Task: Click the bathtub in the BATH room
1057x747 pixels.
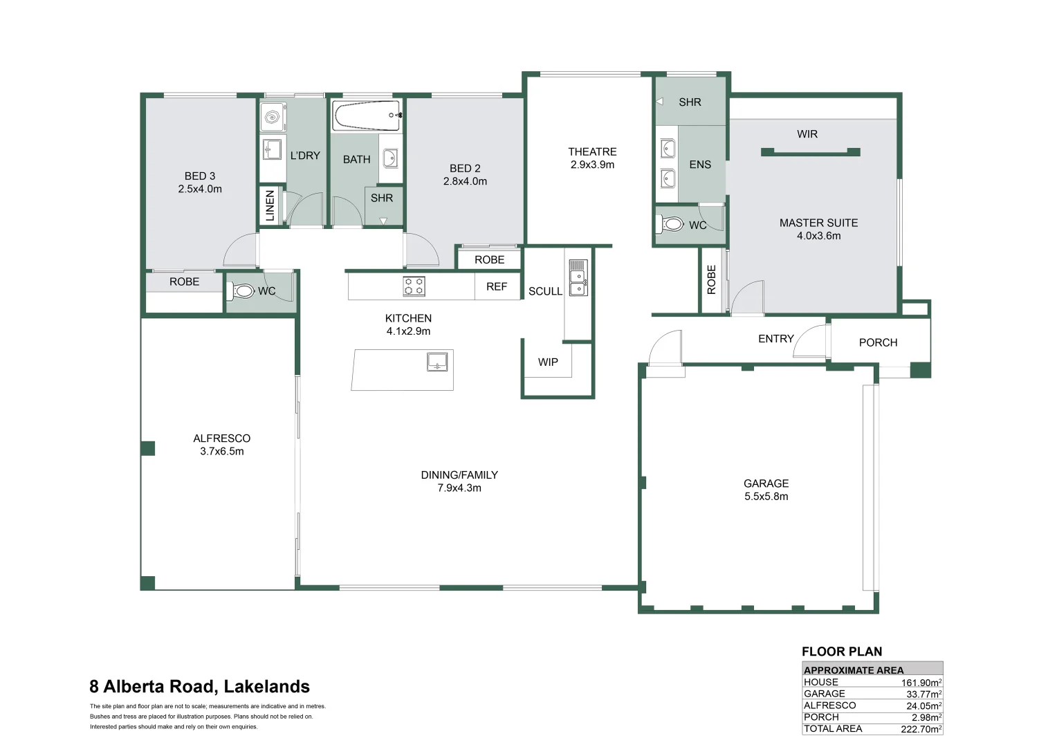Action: (367, 116)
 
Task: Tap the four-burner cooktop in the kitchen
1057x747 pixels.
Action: (414, 286)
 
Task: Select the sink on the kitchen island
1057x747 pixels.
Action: (437, 362)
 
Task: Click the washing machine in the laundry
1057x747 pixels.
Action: (273, 117)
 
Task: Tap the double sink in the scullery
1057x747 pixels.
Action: (578, 277)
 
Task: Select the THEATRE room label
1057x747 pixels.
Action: (592, 151)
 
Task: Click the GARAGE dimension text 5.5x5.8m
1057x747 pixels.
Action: (766, 497)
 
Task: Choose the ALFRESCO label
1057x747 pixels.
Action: (222, 439)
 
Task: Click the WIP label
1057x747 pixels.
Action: (548, 362)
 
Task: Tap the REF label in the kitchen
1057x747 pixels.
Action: (497, 286)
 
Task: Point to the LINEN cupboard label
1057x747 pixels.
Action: (270, 205)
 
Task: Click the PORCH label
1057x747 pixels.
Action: (878, 342)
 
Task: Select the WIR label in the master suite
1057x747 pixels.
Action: (807, 134)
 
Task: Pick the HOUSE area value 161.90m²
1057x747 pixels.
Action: (921, 683)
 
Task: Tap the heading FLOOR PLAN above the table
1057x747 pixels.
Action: (842, 652)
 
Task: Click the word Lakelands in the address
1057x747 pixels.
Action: (266, 687)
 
